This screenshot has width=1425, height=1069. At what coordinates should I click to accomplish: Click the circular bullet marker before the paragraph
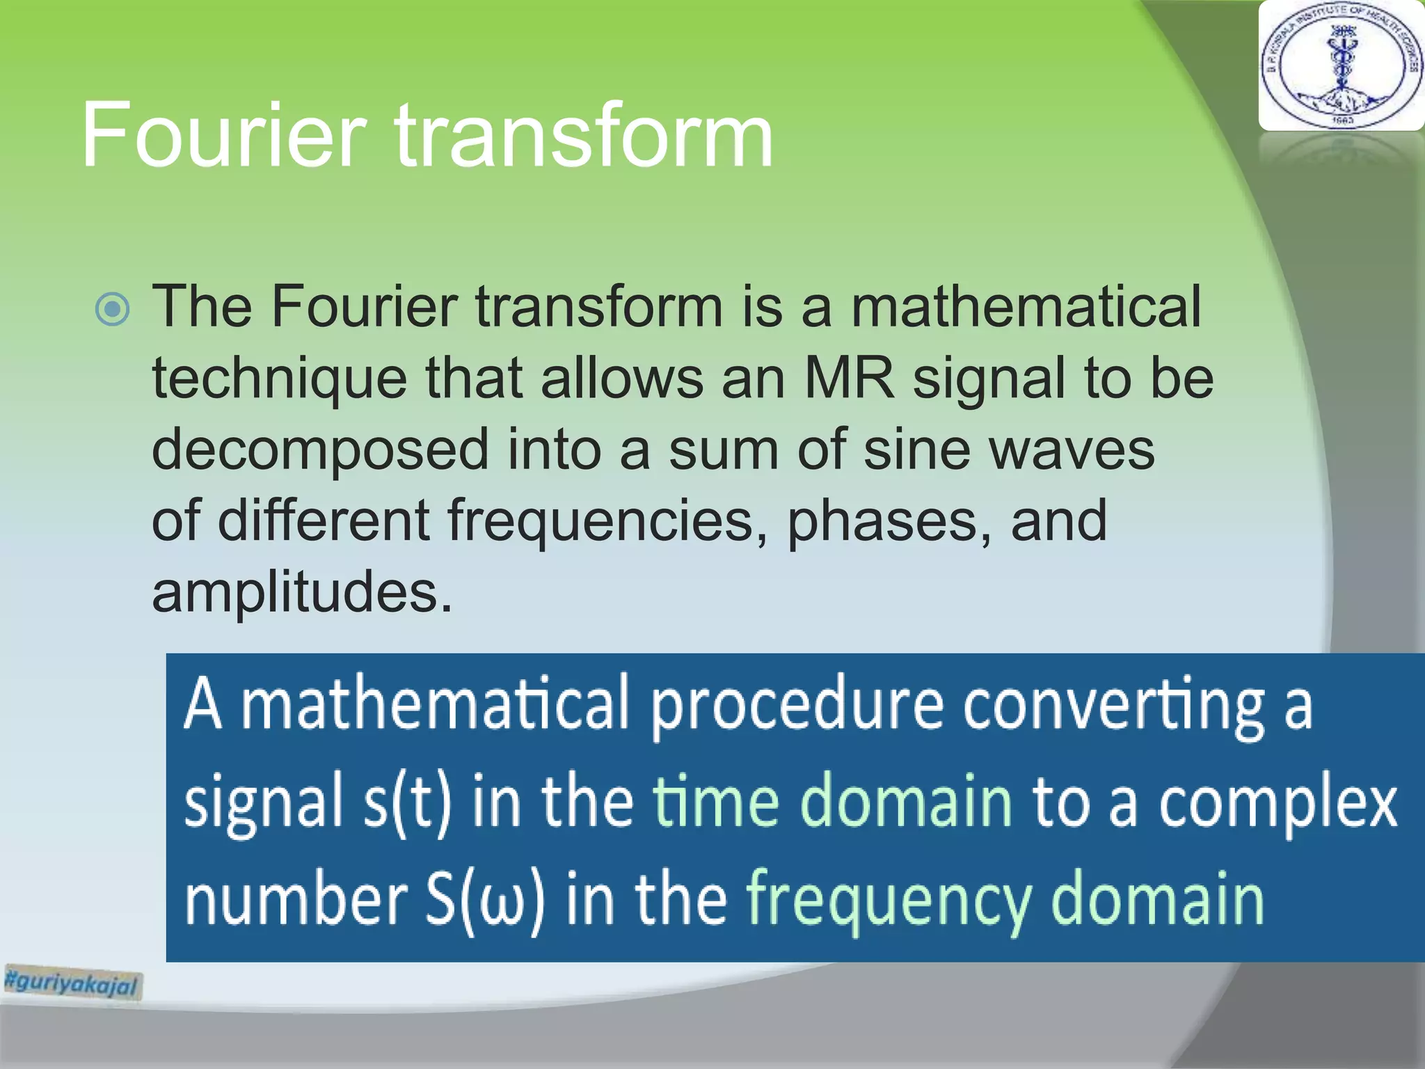click(112, 309)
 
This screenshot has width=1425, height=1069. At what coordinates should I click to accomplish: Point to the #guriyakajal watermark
click(72, 982)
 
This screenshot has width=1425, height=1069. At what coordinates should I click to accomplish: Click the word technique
click(279, 379)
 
